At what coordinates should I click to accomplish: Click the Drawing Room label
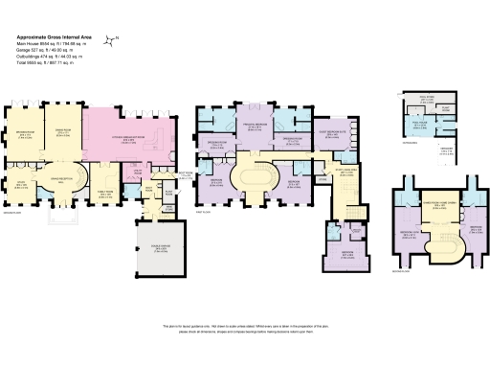(x=25, y=134)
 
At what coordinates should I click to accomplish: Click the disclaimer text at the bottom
(x=245, y=327)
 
